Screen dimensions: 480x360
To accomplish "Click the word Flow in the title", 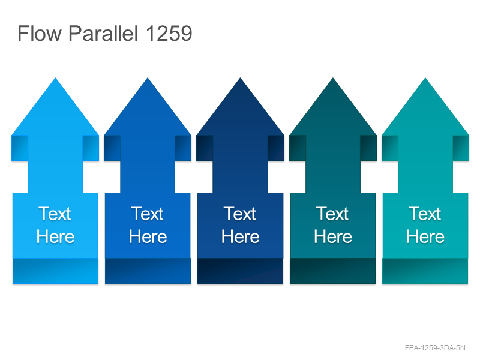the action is coord(40,33).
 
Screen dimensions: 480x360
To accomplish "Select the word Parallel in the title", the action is coord(103,33).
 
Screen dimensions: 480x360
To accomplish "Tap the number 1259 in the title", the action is coord(169,33).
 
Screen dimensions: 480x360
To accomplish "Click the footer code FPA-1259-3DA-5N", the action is coord(435,348).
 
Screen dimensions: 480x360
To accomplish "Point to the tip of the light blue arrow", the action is coord(55,78).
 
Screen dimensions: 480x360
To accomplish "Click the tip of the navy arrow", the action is coord(241,78).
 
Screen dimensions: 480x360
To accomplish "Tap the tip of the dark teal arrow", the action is coord(333,78).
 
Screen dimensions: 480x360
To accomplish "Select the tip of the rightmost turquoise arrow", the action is coord(425,78).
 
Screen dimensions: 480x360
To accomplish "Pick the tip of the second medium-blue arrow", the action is coord(148,78).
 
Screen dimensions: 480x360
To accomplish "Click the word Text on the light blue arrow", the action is coord(55,214).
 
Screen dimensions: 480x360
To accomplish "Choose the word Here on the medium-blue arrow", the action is coord(148,237).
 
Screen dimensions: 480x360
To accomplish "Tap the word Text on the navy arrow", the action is coord(239,214).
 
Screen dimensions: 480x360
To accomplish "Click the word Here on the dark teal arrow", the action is coord(333,237).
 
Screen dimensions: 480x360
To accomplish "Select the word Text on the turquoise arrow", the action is coord(425,214).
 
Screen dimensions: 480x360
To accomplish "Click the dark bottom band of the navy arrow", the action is coord(241,271).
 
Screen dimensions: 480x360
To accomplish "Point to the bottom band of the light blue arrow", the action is coord(55,271).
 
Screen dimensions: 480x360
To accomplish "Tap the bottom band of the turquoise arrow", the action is coord(425,271).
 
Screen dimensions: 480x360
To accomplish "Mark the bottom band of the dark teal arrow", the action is coord(333,271).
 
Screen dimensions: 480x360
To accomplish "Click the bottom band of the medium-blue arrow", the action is coord(148,271).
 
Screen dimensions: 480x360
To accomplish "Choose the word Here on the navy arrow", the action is coord(241,237).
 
